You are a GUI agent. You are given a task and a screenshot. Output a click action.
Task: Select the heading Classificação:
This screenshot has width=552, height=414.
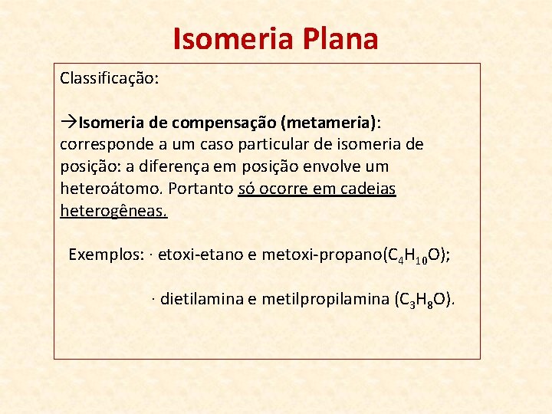pos(110,78)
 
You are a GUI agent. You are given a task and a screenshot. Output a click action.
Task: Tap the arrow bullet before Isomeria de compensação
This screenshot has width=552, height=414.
pos(68,123)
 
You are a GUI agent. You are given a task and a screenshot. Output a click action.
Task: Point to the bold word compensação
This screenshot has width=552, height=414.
pos(223,123)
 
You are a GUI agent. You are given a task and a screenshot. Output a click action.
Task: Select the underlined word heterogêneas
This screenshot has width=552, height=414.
pos(113,211)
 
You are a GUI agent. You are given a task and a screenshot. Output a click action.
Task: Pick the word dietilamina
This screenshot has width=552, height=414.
pos(202,299)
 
